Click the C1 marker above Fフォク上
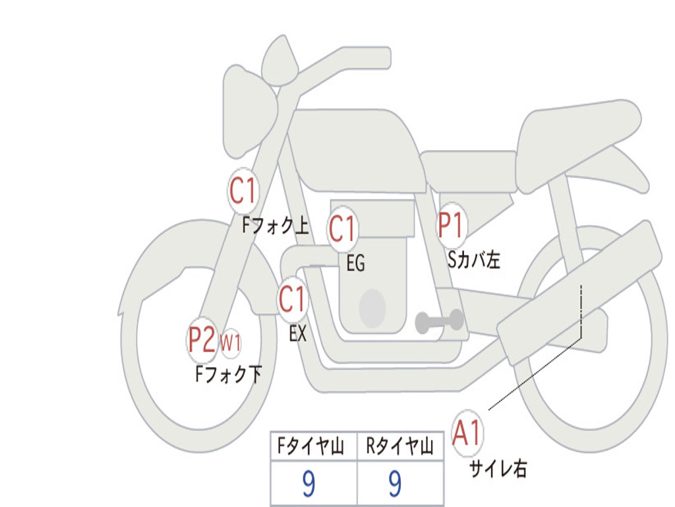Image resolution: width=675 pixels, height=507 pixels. (x=243, y=191)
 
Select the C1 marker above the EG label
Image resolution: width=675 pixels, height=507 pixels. (x=342, y=228)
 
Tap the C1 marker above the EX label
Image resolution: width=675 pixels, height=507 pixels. (x=293, y=299)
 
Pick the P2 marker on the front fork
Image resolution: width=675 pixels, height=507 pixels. (x=202, y=340)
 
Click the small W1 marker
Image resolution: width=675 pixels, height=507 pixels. (x=230, y=343)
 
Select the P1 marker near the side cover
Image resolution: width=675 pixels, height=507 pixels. (x=451, y=226)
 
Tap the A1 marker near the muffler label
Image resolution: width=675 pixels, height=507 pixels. (x=467, y=433)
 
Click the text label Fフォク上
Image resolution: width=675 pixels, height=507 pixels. (x=276, y=226)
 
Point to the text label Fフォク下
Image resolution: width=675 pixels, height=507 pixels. (x=229, y=374)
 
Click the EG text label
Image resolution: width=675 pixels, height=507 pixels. (x=355, y=263)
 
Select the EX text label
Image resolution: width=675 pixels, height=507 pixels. (x=298, y=333)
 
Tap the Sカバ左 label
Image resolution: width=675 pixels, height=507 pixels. (x=473, y=259)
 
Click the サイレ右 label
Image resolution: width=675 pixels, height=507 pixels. (x=498, y=469)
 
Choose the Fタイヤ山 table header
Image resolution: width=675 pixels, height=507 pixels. (x=311, y=446)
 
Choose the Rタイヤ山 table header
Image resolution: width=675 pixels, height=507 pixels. (x=399, y=446)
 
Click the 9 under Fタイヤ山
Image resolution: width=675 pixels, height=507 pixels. (x=308, y=483)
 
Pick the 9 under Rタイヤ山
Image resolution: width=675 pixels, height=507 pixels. (x=396, y=483)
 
